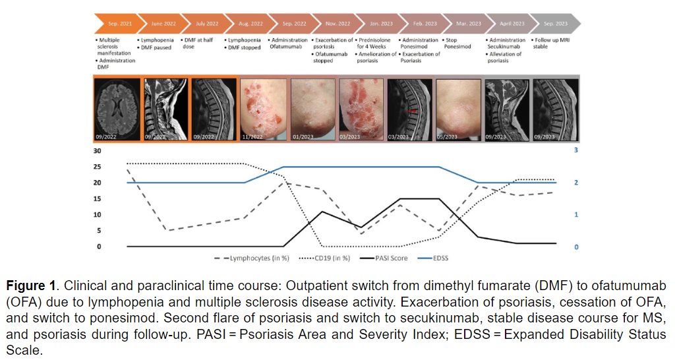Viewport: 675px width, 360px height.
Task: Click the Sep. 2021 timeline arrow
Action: [x=117, y=24]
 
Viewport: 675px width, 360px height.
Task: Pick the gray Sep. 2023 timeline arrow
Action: [x=555, y=24]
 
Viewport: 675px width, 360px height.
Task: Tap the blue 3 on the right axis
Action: [x=577, y=150]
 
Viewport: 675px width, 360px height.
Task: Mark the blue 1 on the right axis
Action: [x=577, y=215]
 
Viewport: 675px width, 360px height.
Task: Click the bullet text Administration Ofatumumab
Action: [x=289, y=44]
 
